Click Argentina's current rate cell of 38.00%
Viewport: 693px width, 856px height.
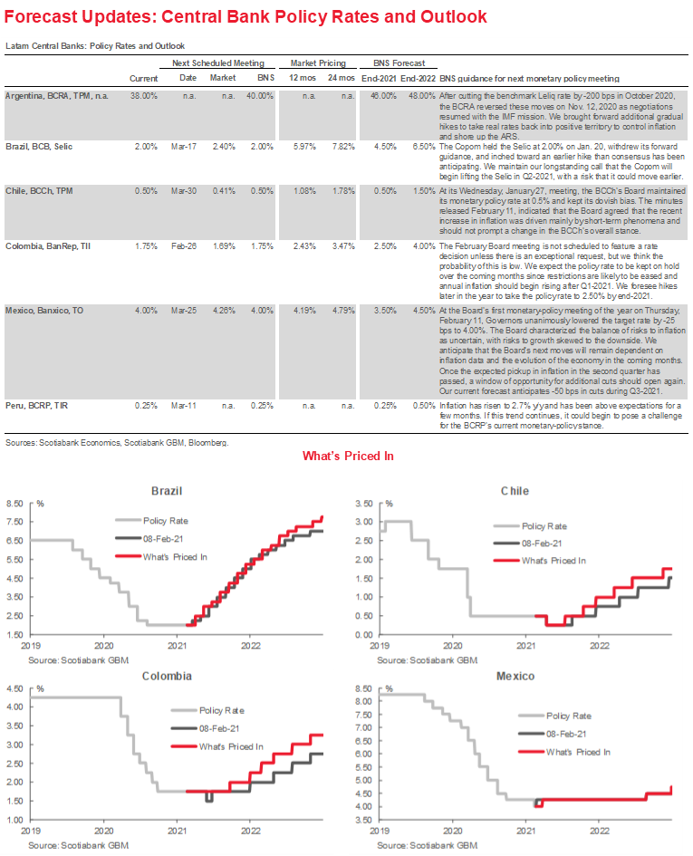coord(143,95)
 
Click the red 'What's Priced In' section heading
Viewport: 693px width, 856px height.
coord(348,456)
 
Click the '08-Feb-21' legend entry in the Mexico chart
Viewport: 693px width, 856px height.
coord(568,734)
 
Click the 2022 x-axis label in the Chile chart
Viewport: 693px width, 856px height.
coord(599,648)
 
